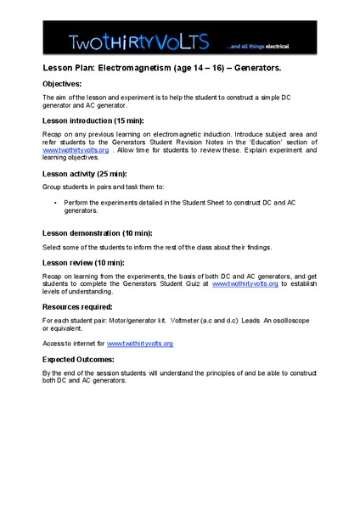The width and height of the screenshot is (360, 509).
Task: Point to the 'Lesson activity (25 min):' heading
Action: tap(88, 172)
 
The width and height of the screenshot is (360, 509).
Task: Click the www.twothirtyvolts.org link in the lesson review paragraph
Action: tap(245, 283)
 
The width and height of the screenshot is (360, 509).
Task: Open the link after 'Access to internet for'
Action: tap(139, 344)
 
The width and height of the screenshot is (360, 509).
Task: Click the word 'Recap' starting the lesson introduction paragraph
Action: tap(53, 134)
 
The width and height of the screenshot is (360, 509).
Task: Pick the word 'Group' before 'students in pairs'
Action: tap(53, 186)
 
